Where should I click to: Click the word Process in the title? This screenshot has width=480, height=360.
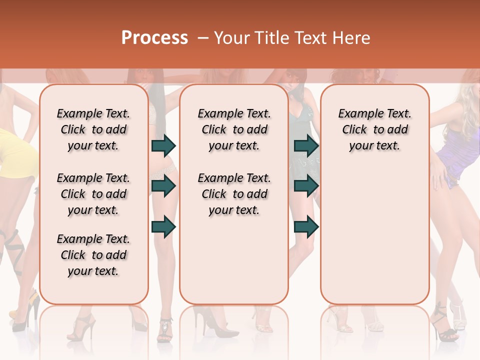click(x=154, y=38)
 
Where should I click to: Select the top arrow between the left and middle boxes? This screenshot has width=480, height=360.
click(x=163, y=146)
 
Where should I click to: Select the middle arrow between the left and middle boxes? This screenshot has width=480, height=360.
click(x=163, y=186)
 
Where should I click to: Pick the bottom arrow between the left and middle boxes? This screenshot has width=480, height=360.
click(x=163, y=226)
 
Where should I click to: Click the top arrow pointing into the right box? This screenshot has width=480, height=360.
click(x=306, y=146)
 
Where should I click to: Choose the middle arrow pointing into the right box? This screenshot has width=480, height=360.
click(x=306, y=186)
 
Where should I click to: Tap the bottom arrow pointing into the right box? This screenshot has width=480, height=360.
click(x=306, y=226)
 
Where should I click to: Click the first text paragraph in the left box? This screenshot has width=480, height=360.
click(x=93, y=129)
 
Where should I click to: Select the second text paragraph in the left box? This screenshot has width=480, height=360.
click(x=93, y=194)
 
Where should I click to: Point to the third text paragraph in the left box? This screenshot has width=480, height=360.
click(x=93, y=255)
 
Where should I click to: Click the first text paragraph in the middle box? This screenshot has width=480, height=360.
click(x=234, y=129)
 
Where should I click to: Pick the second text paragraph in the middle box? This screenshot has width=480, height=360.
click(x=234, y=194)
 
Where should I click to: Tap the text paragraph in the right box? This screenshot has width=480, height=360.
click(x=374, y=129)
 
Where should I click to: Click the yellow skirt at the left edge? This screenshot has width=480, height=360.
click(x=15, y=150)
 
